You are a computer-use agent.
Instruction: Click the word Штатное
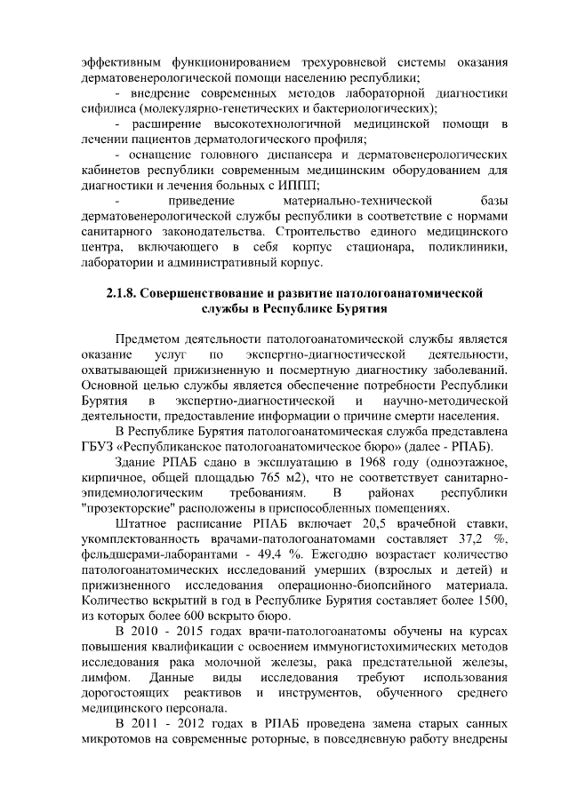(144, 524)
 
